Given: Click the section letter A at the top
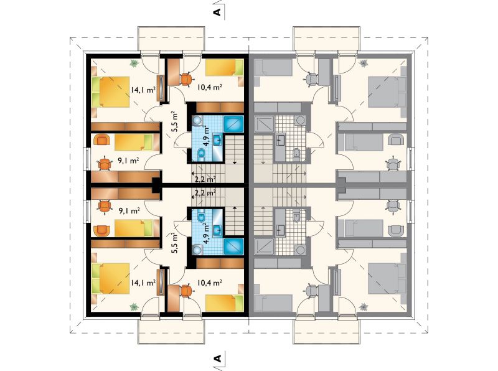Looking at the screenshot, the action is pos(217,12).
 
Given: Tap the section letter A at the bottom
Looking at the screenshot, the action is pos(217,359).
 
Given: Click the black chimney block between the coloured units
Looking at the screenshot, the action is pos(156,185).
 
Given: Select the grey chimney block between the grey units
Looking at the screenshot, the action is pos(341,185).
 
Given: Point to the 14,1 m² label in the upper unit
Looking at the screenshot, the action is pos(143,90).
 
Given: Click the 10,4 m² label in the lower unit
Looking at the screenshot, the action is pos(209,283).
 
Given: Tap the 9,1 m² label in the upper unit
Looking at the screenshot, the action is pos(129,161).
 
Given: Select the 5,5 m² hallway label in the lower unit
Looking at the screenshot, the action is pos(174,243).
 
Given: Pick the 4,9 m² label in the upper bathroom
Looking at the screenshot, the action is pos(207,136).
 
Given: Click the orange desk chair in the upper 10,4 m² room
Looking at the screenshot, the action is pos(186,78).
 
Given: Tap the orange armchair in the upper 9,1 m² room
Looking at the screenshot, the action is pos(102,140).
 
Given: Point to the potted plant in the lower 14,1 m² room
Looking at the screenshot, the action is pos(134,306).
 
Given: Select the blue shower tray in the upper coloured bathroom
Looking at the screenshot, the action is pos(234,124).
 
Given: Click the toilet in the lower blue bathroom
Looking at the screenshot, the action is pos(201,217).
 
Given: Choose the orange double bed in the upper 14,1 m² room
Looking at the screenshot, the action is pos(111,92).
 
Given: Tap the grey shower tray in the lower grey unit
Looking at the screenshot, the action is pos(264,247).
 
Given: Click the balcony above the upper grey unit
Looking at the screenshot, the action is pos(327,39).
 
